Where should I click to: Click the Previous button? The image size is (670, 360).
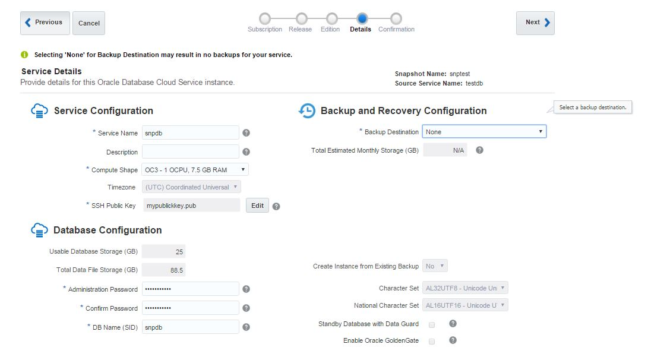[45, 23]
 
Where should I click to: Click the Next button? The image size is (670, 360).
[535, 23]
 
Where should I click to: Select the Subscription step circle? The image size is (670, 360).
[265, 18]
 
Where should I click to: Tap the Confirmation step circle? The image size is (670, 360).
[396, 18]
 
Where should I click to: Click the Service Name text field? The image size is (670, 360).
[190, 133]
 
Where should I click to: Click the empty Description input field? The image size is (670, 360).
[190, 152]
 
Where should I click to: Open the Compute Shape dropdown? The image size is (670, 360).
[195, 170]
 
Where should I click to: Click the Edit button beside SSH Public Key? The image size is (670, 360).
[257, 206]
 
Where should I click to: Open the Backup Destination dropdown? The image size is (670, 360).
[483, 132]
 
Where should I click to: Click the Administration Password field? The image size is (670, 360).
[190, 289]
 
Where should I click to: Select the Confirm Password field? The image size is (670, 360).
[190, 308]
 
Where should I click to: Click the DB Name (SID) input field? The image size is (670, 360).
[190, 327]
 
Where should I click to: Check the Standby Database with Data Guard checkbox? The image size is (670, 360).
[432, 324]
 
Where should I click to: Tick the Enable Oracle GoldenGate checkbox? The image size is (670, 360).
[432, 342]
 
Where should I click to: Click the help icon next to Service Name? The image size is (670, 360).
[246, 133]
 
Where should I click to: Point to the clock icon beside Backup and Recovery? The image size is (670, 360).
[307, 111]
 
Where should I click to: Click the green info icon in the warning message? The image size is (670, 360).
[24, 55]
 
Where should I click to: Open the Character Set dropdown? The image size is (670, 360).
[465, 288]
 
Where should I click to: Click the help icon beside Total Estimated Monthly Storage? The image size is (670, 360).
[479, 150]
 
